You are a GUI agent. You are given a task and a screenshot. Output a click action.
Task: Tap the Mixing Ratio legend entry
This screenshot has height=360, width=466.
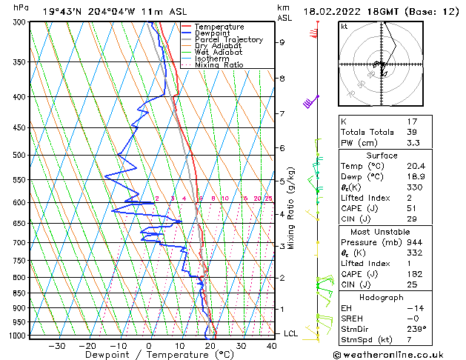pos(219,64)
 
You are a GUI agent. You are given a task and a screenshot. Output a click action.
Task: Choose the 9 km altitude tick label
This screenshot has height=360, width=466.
pos(282,42)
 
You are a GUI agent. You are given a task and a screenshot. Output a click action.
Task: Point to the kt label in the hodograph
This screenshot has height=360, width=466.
pos(344,26)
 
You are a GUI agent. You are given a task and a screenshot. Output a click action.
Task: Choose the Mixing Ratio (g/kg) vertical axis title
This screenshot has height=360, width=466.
pos(292,207)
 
